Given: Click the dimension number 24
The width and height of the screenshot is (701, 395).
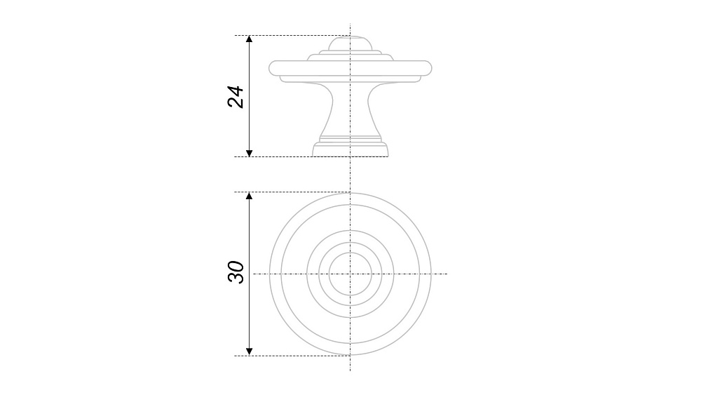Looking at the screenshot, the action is tap(236, 97).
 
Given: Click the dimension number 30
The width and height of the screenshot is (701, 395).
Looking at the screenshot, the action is tap(236, 272).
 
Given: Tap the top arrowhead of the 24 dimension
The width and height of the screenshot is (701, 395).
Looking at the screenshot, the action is tap(250, 39).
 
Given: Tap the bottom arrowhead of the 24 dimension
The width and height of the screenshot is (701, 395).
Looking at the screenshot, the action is tap(250, 154).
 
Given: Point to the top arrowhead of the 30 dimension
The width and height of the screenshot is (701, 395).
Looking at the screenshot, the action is tap(250, 196).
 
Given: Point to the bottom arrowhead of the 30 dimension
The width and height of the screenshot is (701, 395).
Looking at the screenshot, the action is tap(250, 352).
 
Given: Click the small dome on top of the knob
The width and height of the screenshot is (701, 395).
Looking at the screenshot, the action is tap(350, 43).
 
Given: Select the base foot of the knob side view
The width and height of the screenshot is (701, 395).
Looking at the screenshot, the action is tap(350, 150).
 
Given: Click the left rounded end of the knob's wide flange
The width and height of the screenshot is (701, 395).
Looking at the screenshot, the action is tap(272, 68).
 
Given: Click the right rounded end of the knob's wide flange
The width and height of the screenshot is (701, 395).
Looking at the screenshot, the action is tap(428, 68).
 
